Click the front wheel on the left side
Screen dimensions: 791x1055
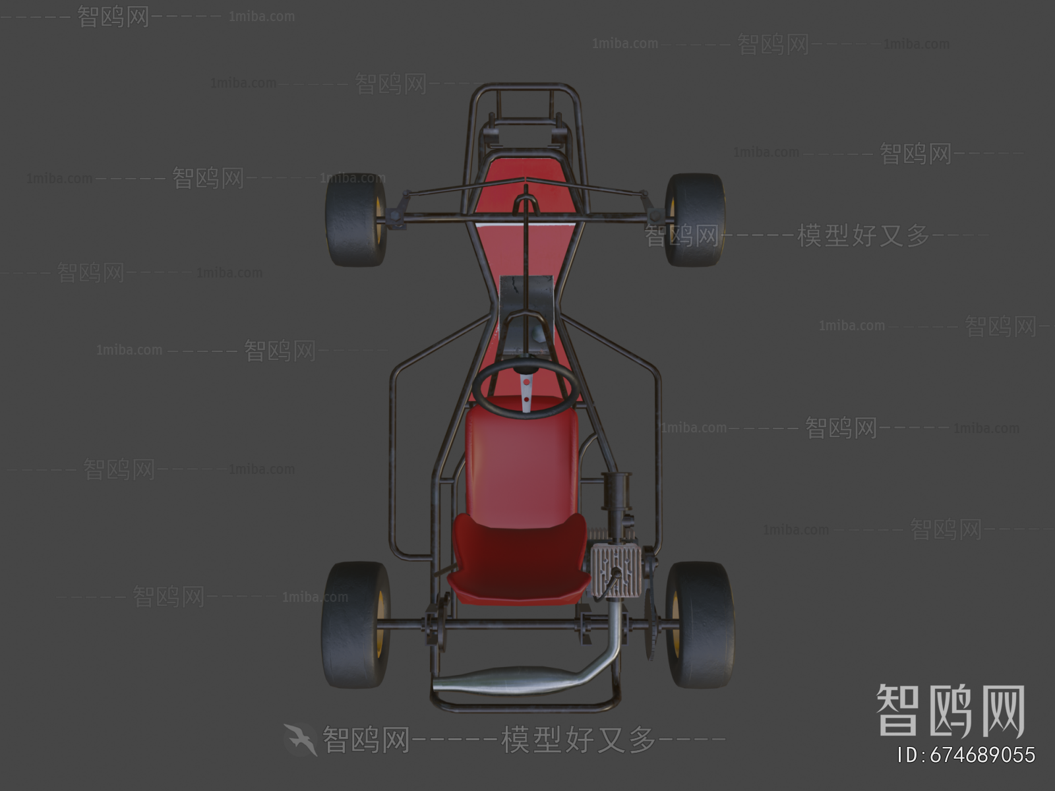355,220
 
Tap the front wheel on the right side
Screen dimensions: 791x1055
694,220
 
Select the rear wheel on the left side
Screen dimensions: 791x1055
355,624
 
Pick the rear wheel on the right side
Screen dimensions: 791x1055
699,624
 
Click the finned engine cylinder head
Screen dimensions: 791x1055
615,570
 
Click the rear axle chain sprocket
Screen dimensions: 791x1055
650,626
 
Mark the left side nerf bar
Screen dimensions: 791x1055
394,461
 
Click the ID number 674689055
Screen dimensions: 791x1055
967,755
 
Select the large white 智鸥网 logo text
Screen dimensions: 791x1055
950,710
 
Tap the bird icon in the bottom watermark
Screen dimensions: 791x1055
301,739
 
